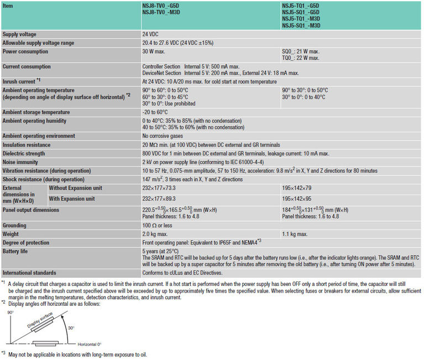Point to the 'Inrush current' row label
pos(21,81)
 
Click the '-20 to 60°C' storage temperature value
pos(156,112)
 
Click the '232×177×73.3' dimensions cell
pos(161,188)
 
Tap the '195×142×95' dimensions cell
pos(297,198)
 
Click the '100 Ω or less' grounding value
pos(158,226)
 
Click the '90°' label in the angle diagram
pos(10,312)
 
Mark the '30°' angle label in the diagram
pos(71,327)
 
